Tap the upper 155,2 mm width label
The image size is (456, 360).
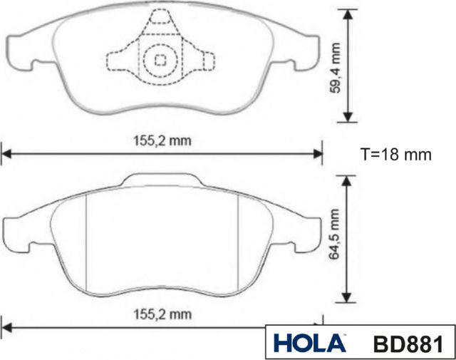(163, 140)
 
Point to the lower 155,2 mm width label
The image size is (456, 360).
(163, 314)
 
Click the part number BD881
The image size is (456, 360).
(408, 344)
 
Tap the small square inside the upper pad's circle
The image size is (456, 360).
(161, 61)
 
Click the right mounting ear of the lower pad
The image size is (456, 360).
(303, 232)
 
